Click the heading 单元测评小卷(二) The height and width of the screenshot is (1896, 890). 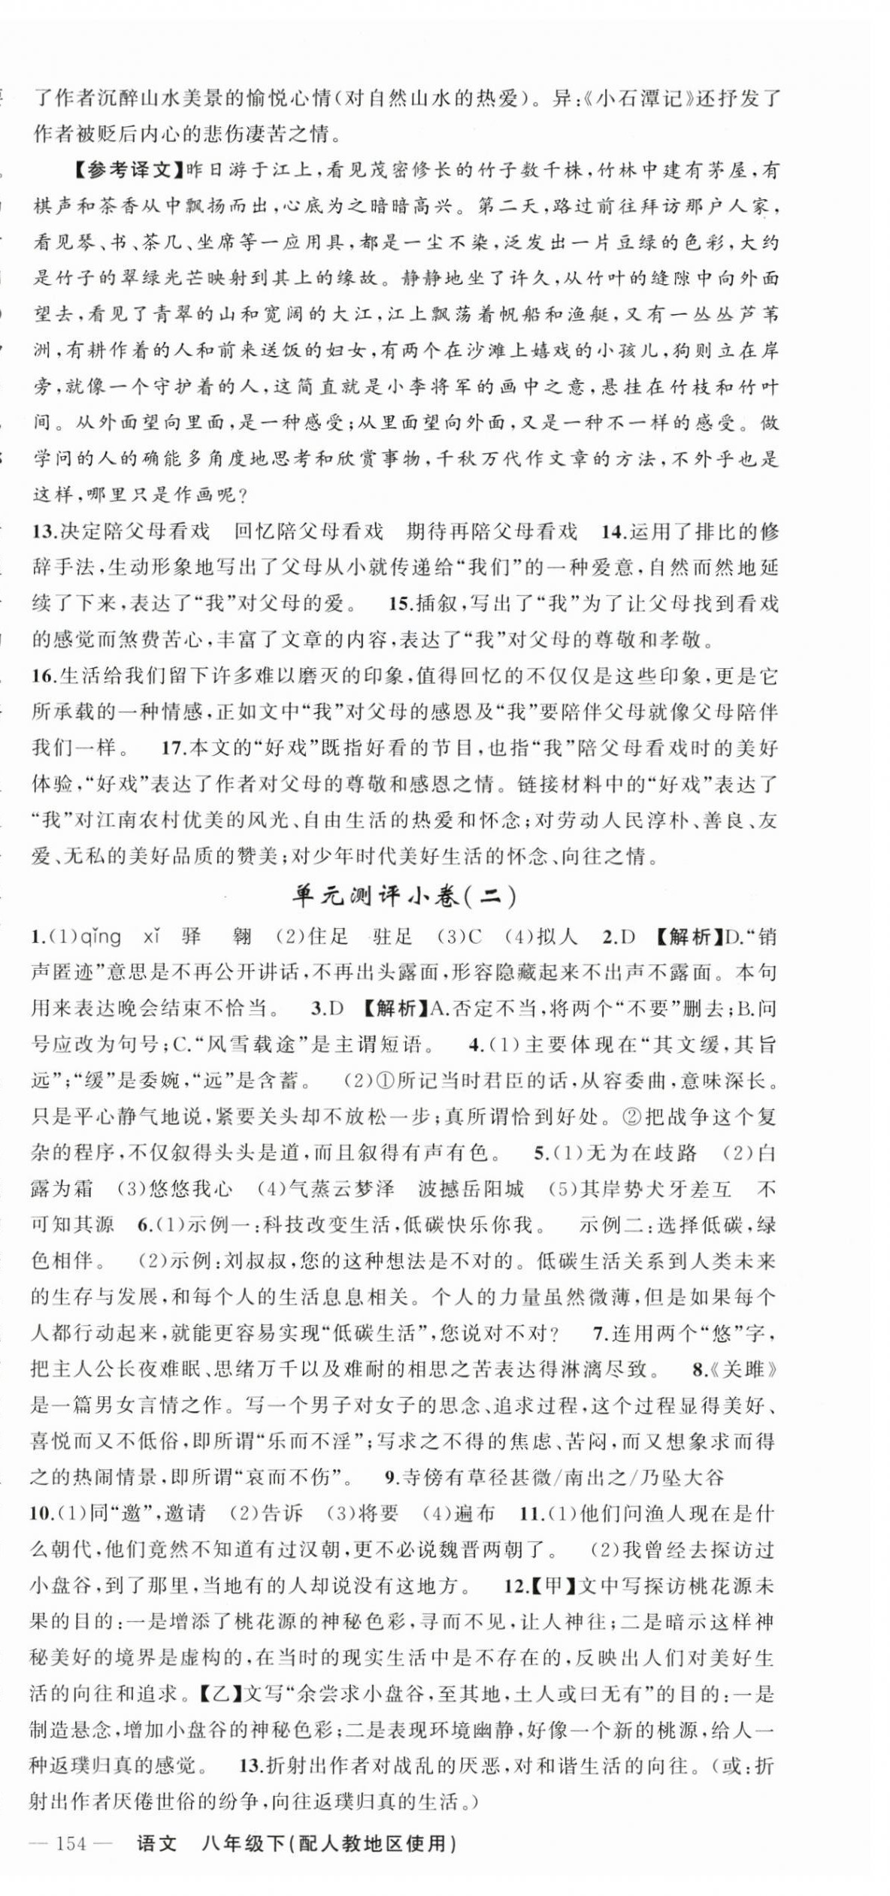click(404, 897)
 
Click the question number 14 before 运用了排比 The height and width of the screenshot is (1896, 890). click(613, 532)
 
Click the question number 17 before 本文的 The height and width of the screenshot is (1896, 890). click(174, 748)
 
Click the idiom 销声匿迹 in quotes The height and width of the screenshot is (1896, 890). click(760, 937)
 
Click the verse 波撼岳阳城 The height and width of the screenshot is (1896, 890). click(471, 1189)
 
